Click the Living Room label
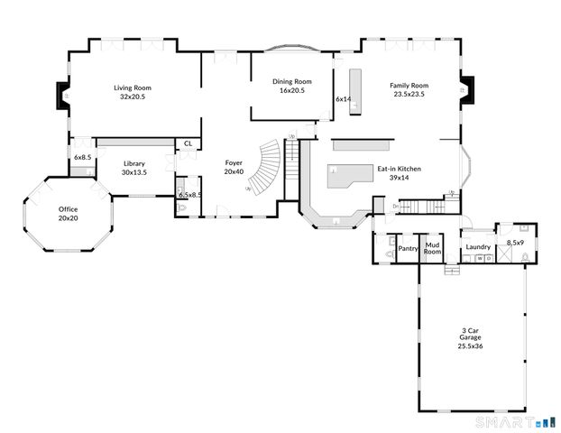coord(132,88)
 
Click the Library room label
coord(133,163)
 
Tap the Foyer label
coord(234,163)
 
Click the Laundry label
coord(477,246)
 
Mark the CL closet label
coord(188,143)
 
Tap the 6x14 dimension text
coord(343,98)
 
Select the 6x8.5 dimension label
coord(82,158)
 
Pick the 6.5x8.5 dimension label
coord(189,195)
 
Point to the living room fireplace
coord(62,95)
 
